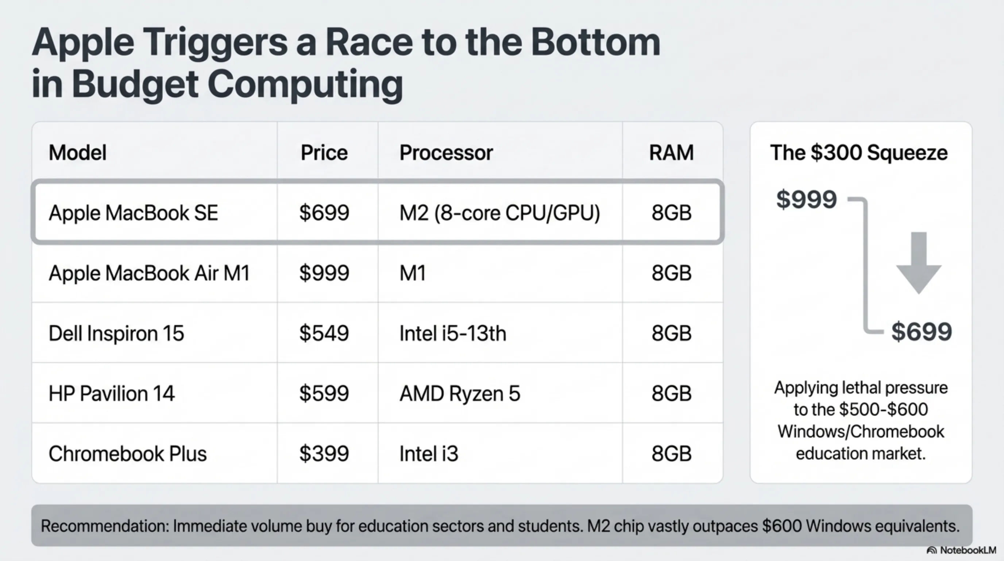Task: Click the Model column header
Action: coord(77,153)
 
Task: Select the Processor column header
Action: coord(446,153)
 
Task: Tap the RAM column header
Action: coord(671,153)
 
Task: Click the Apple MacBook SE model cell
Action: coord(133,213)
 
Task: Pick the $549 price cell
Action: coord(324,333)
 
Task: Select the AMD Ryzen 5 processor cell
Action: coord(460,394)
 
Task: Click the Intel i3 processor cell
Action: coord(429,454)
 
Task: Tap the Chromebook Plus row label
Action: coord(127,454)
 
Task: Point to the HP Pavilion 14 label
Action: coord(112,394)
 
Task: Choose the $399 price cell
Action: coord(324,454)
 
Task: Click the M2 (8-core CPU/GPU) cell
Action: coord(499,213)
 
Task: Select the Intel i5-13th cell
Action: coord(452,333)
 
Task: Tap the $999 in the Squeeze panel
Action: coord(806,199)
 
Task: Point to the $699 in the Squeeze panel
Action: coord(922,332)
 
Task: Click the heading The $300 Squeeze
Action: coord(859,153)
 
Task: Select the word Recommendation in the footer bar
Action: coord(105,526)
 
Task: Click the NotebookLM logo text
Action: coord(968,550)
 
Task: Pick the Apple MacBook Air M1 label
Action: coord(149,273)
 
